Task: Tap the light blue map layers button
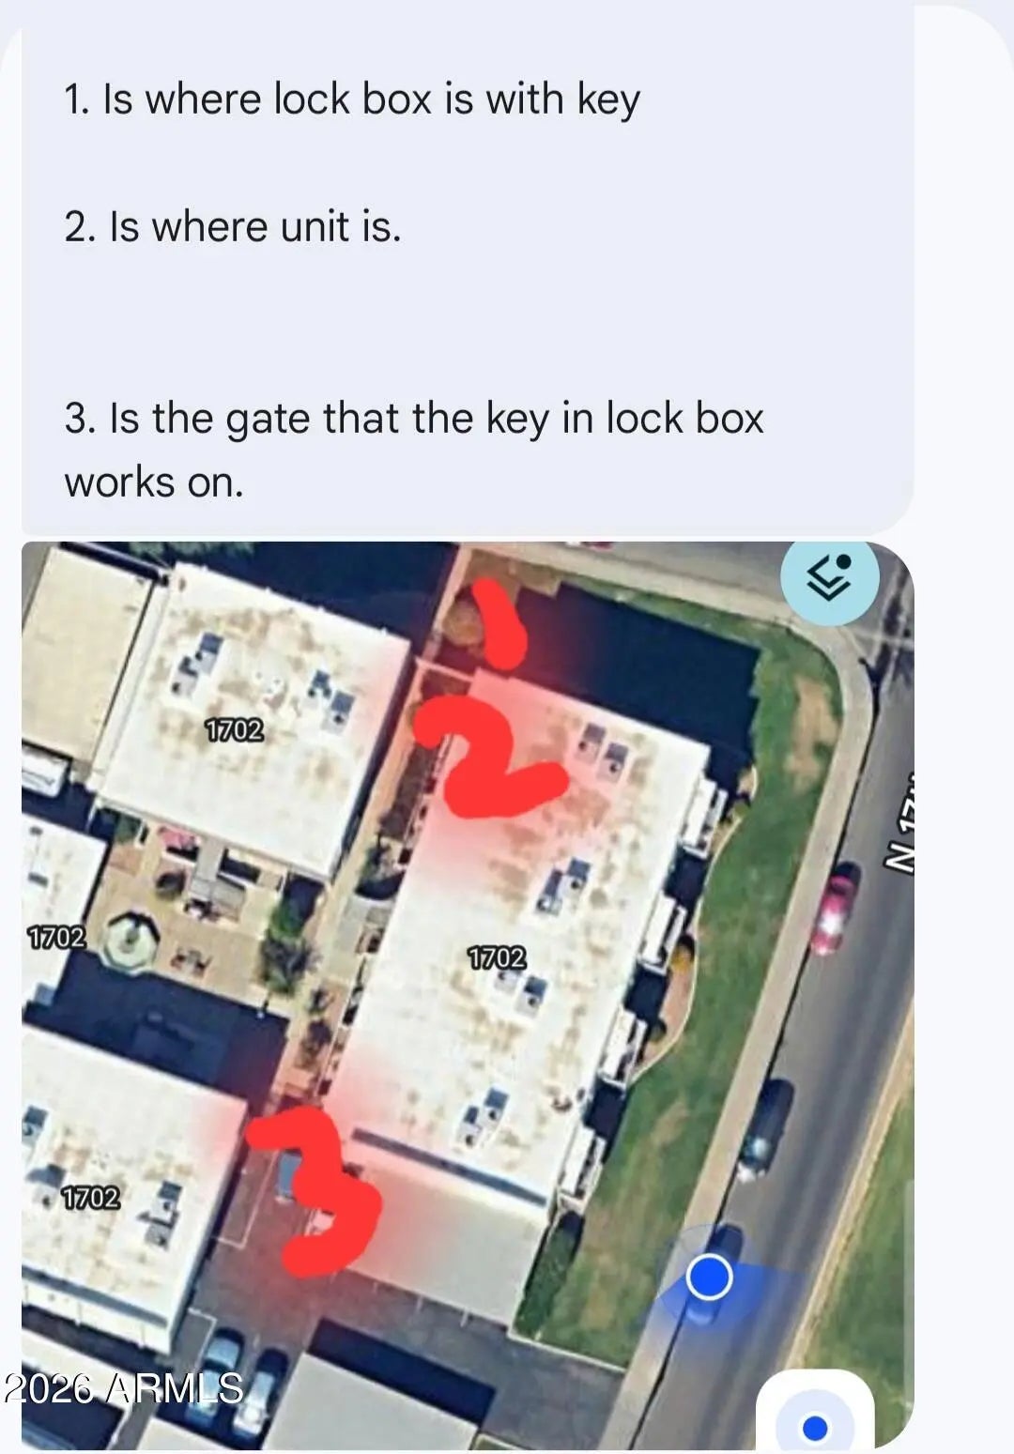[x=829, y=578]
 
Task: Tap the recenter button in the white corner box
[x=815, y=1428]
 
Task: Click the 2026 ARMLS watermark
[x=123, y=1387]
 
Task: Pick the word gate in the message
[x=268, y=421]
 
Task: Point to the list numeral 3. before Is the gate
[x=81, y=419]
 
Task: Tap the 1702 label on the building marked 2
[x=498, y=958]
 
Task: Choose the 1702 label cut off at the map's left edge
[x=55, y=938]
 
